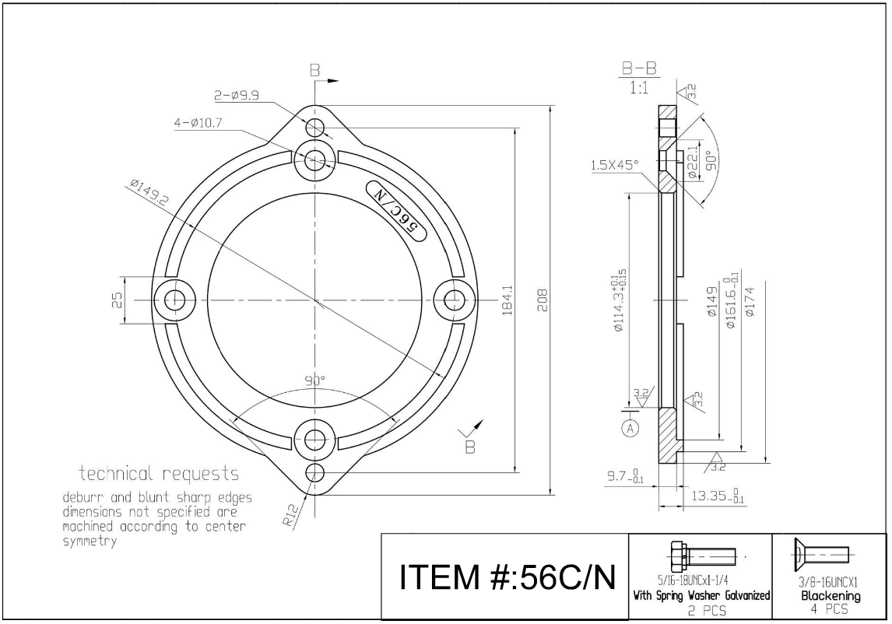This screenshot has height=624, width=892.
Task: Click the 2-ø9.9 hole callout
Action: [x=237, y=96]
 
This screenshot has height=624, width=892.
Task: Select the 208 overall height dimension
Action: [x=543, y=300]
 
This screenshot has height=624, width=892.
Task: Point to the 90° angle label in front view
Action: [x=314, y=380]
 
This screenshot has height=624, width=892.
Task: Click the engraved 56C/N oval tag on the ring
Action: [x=395, y=212]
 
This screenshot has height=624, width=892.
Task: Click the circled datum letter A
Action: [x=631, y=427]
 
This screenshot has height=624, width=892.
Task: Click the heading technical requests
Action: [x=159, y=474]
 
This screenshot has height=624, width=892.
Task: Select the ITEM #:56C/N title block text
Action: [x=507, y=578]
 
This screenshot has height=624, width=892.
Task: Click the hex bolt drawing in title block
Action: [x=700, y=557]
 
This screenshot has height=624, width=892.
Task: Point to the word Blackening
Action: [x=831, y=596]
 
